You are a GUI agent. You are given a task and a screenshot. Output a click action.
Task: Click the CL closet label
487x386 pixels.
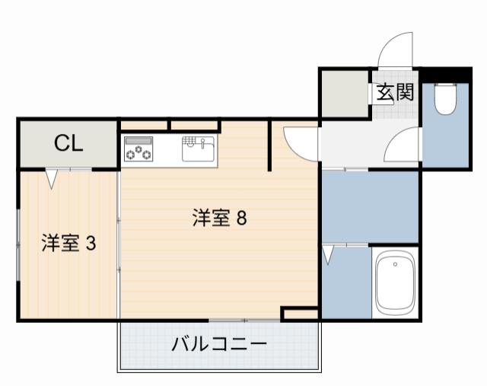[x=68, y=143]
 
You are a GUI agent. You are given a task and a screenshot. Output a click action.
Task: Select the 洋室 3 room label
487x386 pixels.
[x=68, y=244]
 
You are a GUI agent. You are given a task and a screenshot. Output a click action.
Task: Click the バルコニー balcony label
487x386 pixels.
[x=219, y=344]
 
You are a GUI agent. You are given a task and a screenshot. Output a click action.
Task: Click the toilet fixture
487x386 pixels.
[x=444, y=99]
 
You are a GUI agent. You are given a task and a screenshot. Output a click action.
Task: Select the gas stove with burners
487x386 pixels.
[x=138, y=149]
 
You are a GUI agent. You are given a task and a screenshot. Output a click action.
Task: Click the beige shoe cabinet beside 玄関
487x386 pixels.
[x=344, y=94]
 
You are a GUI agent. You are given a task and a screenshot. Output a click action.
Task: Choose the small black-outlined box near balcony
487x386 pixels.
[x=299, y=314]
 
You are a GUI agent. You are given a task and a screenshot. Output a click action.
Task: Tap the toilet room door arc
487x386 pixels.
[x=403, y=145]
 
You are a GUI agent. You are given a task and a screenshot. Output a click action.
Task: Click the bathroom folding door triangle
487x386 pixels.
[x=328, y=255]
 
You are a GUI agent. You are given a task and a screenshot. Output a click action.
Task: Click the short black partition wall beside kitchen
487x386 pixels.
[x=269, y=145]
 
